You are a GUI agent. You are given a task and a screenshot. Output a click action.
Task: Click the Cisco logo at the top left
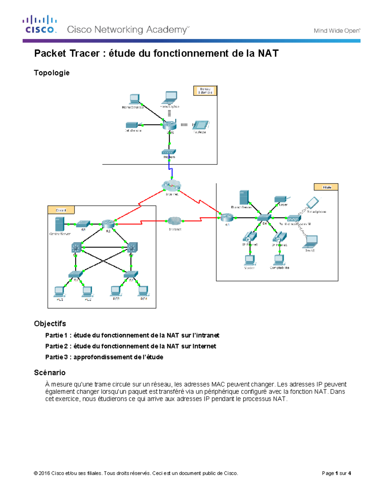click(40, 24)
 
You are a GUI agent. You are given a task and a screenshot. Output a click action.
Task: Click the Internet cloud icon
click(171, 186)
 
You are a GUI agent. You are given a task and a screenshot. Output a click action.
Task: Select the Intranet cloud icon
click(174, 221)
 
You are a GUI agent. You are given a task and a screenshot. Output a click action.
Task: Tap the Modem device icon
click(169, 152)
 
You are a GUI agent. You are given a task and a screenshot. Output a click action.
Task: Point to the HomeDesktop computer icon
click(134, 99)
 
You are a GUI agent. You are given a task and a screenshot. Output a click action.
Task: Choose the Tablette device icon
click(201, 125)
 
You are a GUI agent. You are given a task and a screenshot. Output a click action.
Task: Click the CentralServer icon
click(59, 224)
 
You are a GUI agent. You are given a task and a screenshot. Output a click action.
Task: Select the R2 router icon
click(108, 224)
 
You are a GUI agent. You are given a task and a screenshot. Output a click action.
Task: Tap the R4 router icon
click(227, 218)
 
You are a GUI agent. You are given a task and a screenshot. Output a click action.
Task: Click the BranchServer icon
click(244, 198)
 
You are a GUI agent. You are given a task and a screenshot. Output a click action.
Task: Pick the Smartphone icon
click(312, 203)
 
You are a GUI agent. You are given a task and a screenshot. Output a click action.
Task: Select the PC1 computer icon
click(59, 291)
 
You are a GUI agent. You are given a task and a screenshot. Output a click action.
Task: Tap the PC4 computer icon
click(143, 291)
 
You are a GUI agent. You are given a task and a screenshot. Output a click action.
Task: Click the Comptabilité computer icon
click(279, 260)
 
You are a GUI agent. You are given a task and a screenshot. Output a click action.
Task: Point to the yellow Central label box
click(61, 210)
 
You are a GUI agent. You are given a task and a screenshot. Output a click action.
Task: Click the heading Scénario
click(50, 372)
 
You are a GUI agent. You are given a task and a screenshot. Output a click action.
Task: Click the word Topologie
click(52, 73)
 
